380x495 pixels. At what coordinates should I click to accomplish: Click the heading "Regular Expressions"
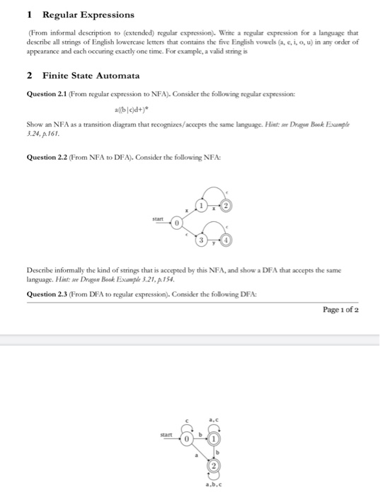(x=88, y=14)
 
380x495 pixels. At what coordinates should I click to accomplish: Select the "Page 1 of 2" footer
(x=340, y=308)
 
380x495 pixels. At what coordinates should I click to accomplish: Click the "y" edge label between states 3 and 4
(x=213, y=243)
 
